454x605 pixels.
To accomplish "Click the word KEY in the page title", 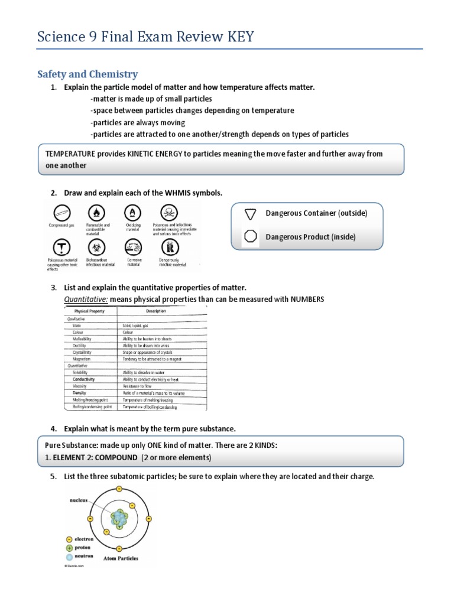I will click(x=236, y=37).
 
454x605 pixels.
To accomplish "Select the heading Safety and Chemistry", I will click(x=87, y=74).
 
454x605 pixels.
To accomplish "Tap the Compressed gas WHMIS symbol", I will click(x=61, y=213).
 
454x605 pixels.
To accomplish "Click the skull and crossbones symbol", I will click(x=170, y=212).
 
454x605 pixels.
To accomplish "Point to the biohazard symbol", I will click(x=98, y=246).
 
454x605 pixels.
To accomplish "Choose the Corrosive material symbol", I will click(x=133, y=246).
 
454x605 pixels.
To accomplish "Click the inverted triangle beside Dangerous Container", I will click(x=251, y=213).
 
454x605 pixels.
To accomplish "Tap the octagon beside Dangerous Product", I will click(x=251, y=236).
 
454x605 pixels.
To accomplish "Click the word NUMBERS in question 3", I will click(x=307, y=300).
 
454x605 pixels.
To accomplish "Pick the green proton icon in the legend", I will click(x=70, y=548).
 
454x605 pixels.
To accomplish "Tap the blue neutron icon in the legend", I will click(x=70, y=557).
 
